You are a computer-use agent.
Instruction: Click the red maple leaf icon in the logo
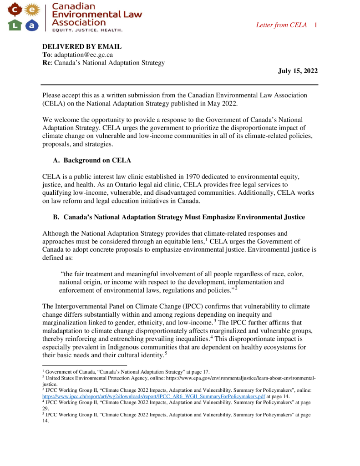pos(15,9)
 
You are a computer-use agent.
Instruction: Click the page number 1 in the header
pos(315,25)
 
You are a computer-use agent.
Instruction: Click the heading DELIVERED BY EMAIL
pos(82,46)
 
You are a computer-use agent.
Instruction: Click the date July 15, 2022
pos(298,71)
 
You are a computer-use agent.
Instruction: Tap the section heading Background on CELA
pos(97,160)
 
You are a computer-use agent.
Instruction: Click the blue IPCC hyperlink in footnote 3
pos(153,396)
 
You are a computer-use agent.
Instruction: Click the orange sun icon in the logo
pos(31,9)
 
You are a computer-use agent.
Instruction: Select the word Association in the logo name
pos(79,22)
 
